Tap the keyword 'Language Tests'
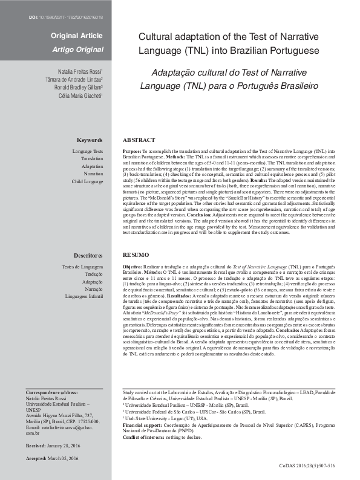coord(88,150)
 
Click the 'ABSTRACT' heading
coord(139,140)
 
